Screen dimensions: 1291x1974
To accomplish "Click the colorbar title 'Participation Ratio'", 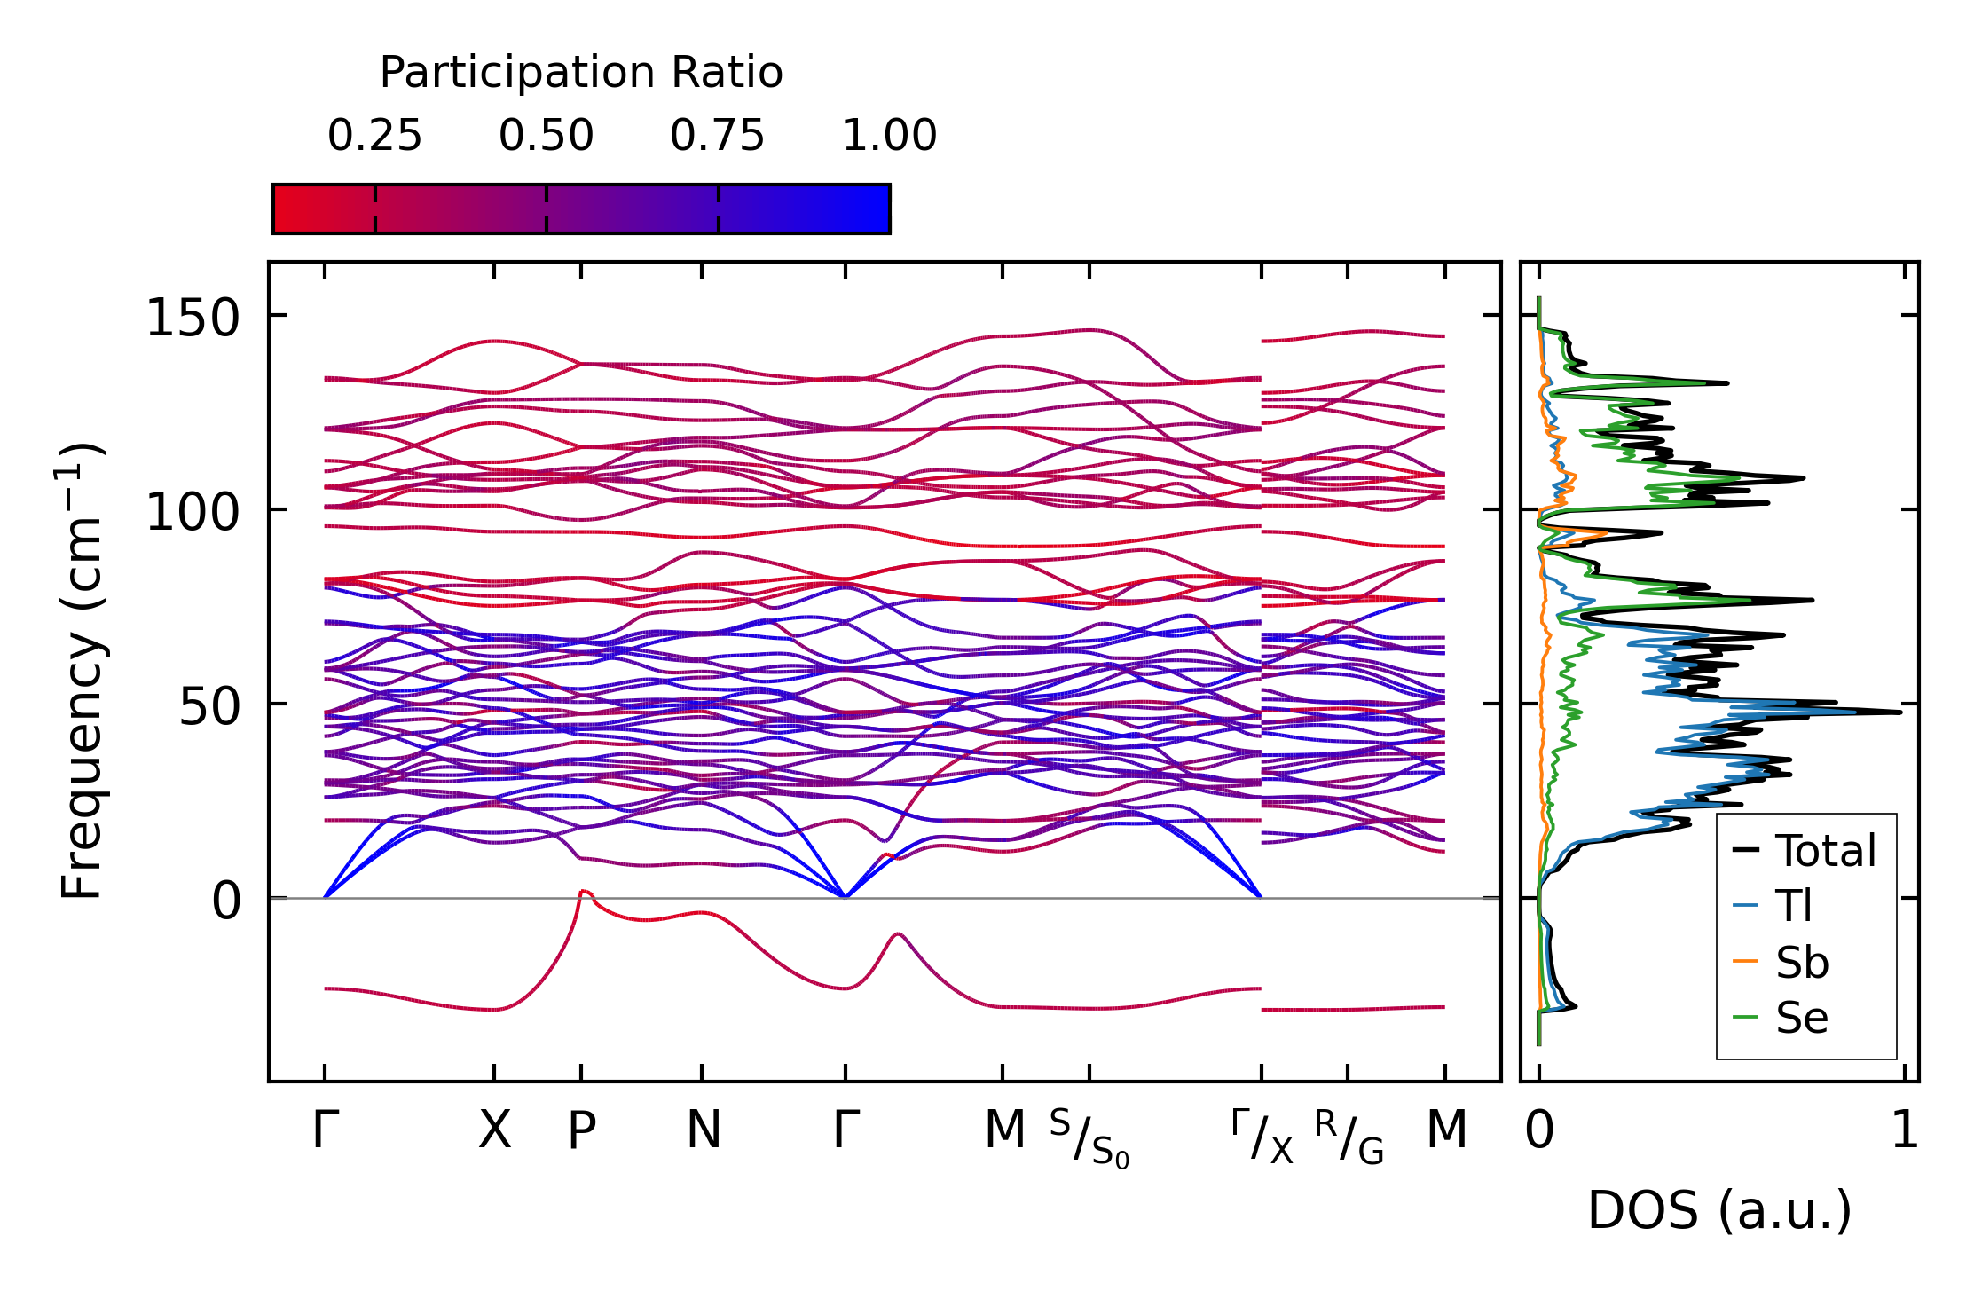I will click(581, 73).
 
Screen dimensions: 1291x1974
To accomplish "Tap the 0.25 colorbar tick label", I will click(374, 136).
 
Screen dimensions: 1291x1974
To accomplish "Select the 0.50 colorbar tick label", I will click(546, 136).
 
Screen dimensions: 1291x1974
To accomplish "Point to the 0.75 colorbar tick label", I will click(717, 136).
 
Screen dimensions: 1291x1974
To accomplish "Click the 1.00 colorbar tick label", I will click(889, 136).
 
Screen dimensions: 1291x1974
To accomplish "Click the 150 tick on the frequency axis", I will click(193, 317).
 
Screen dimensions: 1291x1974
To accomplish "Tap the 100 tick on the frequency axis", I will click(193, 511).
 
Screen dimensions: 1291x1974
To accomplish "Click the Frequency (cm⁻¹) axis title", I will click(83, 672).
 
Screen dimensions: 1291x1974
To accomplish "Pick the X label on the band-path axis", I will click(494, 1130).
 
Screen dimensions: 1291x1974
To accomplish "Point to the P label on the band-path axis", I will click(581, 1130).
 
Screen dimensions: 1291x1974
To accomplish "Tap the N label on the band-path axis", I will click(703, 1130).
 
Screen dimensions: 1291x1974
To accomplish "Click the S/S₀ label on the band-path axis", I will click(1089, 1137).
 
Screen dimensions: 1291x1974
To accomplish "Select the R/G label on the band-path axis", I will click(1349, 1137).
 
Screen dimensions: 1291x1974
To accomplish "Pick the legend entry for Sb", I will click(1802, 963).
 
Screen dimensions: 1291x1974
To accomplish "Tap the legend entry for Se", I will click(1802, 1018).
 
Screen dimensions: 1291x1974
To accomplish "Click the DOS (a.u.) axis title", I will click(1719, 1211).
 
